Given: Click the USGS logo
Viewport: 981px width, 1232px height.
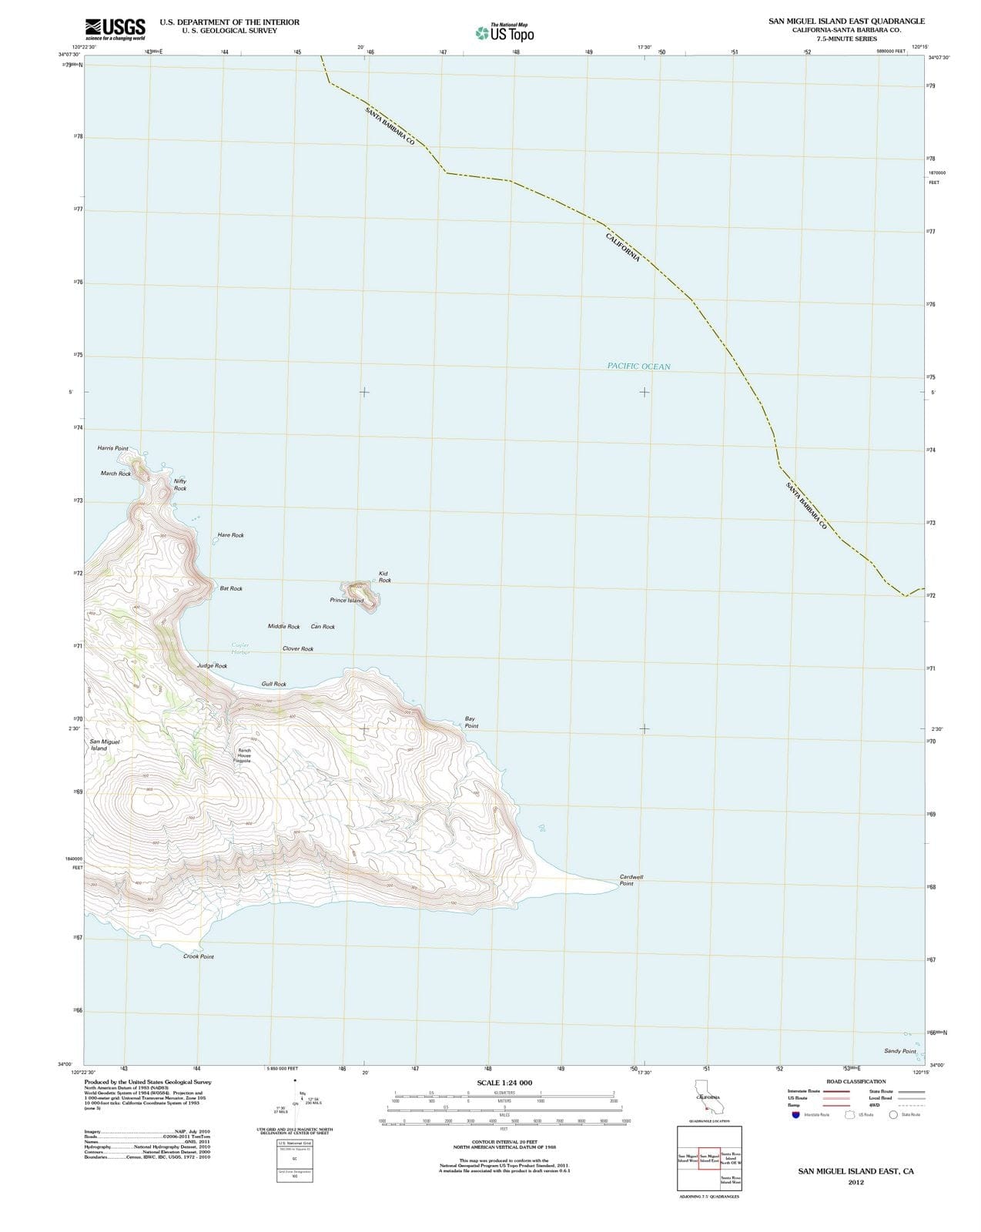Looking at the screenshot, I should click(x=115, y=28).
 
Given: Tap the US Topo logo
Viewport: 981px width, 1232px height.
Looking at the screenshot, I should click(x=505, y=33).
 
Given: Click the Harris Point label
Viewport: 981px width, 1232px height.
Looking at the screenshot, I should click(x=113, y=448).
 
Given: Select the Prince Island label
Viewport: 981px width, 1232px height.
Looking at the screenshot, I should click(x=347, y=601).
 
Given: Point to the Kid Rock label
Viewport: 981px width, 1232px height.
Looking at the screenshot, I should click(x=384, y=577).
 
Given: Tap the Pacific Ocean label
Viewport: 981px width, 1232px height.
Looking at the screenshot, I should click(x=638, y=367).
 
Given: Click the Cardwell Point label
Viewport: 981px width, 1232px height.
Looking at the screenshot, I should click(x=631, y=880).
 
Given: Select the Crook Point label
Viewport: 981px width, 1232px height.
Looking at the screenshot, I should click(x=199, y=956).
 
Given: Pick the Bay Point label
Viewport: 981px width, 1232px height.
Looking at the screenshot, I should click(x=471, y=722).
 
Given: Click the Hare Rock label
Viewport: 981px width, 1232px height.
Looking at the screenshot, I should click(x=230, y=535).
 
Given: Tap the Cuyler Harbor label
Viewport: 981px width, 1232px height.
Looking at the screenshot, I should click(x=240, y=648).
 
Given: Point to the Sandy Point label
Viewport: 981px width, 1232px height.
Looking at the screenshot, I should click(x=899, y=1051).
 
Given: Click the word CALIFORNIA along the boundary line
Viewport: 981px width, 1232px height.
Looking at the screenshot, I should click(x=623, y=246).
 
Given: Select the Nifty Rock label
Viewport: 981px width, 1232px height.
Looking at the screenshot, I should click(x=180, y=484).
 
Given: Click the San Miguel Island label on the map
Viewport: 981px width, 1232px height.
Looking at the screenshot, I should click(x=105, y=745).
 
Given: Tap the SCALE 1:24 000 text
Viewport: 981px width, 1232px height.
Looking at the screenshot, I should click(x=504, y=1083).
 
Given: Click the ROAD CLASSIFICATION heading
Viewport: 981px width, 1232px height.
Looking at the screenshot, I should click(x=855, y=1082).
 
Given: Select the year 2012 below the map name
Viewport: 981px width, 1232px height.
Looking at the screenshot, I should click(x=855, y=1183).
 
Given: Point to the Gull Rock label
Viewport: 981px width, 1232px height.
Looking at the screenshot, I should click(x=273, y=684).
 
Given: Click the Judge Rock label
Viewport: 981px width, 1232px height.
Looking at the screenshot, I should click(x=212, y=665).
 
